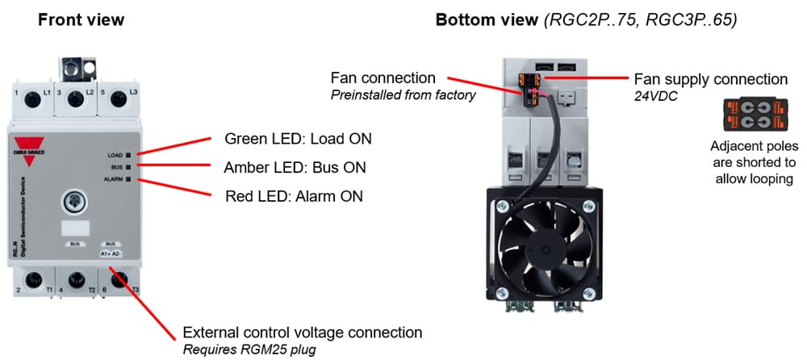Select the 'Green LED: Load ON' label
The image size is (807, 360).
pyautogui.click(x=298, y=138)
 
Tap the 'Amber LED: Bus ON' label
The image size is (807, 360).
pyautogui.click(x=295, y=168)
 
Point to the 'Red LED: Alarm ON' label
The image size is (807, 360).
pyautogui.click(x=294, y=196)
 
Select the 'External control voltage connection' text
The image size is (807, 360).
pyautogui.click(x=303, y=332)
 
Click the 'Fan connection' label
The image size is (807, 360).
pyautogui.click(x=383, y=78)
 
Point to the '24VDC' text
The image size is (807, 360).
pyautogui.click(x=655, y=95)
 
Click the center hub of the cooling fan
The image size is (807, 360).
pyautogui.click(x=543, y=246)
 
